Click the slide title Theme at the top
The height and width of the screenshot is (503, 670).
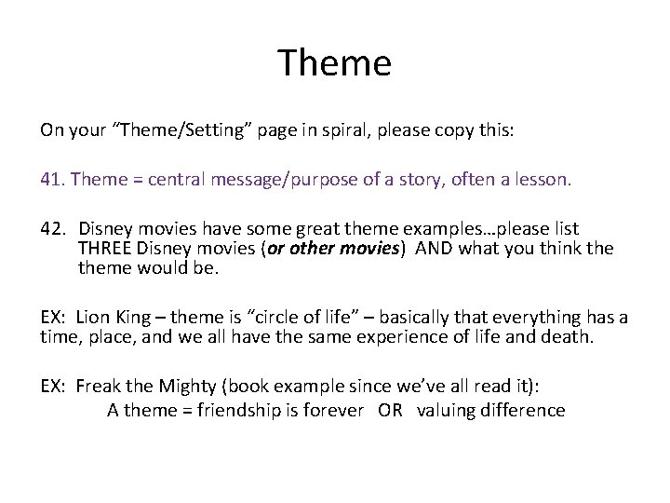tap(335, 63)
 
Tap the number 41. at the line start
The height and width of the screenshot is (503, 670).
tap(52, 177)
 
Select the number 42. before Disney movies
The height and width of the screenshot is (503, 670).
tap(54, 228)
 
